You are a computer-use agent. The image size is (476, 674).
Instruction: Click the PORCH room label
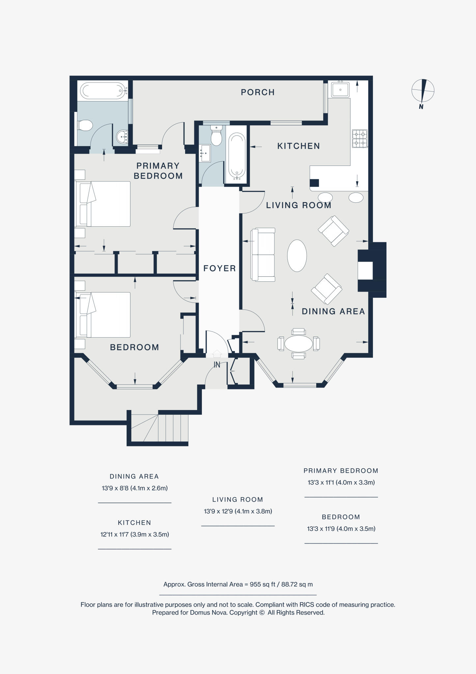[258, 92]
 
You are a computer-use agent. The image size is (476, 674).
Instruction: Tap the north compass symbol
[423, 91]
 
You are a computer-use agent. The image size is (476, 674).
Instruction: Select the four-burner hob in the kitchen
[359, 139]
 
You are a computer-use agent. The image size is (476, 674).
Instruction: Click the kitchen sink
[340, 89]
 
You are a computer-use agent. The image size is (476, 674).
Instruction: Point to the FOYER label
[219, 269]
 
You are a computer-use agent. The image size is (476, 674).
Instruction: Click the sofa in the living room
[263, 254]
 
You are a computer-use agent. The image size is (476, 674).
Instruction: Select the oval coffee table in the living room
[297, 255]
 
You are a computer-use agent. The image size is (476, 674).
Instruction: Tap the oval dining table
[298, 344]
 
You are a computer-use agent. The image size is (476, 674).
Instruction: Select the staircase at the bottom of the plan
[160, 428]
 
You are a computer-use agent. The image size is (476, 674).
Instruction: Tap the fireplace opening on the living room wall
[365, 271]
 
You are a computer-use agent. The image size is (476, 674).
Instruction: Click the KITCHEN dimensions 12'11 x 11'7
[134, 534]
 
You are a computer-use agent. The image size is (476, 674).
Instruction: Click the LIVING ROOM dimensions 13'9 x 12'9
[238, 511]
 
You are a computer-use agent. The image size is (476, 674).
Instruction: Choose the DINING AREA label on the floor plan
[333, 311]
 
